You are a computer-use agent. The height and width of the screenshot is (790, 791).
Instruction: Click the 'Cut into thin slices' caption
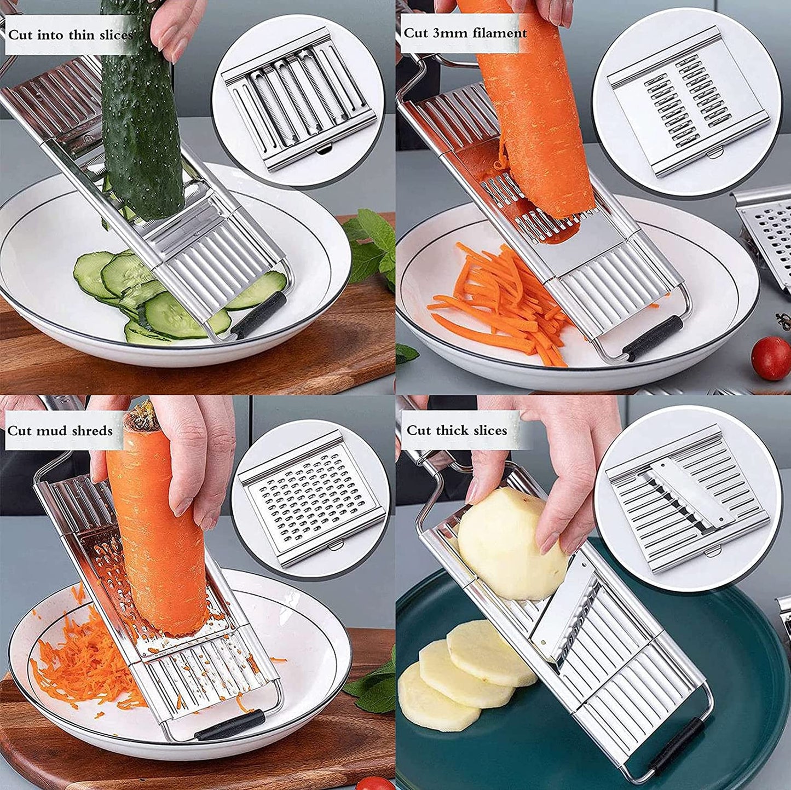70,35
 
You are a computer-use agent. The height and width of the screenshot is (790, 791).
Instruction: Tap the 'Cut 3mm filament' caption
465,33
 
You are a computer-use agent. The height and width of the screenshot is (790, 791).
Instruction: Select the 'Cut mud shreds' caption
60,430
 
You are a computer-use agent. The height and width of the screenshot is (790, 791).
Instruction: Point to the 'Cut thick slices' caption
457,430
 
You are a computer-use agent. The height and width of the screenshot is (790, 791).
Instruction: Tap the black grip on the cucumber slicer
259,315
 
